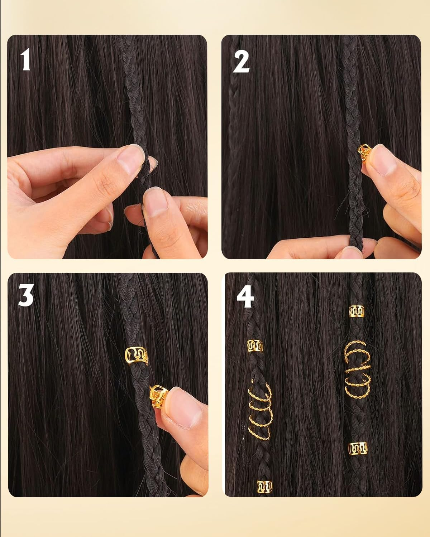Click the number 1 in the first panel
[x=25, y=60]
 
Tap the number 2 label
[x=241, y=62]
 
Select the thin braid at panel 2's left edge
[x=231, y=125]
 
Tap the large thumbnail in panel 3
[x=183, y=408]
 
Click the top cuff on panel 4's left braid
[x=255, y=346]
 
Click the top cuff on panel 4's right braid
[x=356, y=311]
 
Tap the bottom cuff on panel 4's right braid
[x=358, y=448]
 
